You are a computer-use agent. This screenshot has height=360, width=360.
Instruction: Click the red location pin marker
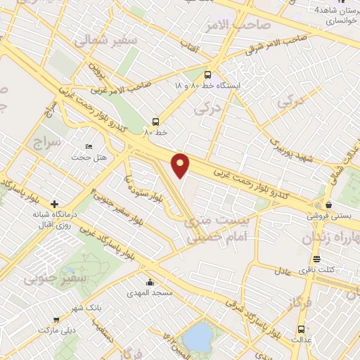(181, 165)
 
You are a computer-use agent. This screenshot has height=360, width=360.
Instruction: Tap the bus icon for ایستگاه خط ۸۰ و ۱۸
(207, 74)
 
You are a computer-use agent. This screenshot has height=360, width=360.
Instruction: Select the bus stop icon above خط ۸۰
(155, 121)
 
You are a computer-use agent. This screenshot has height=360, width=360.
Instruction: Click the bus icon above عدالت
(302, 329)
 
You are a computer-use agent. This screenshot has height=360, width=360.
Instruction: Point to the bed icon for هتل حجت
(88, 146)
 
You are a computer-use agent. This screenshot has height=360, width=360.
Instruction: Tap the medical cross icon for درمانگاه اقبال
(55, 204)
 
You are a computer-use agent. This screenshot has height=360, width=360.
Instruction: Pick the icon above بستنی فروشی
(318, 205)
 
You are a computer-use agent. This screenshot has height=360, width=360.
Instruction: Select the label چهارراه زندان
(330, 238)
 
